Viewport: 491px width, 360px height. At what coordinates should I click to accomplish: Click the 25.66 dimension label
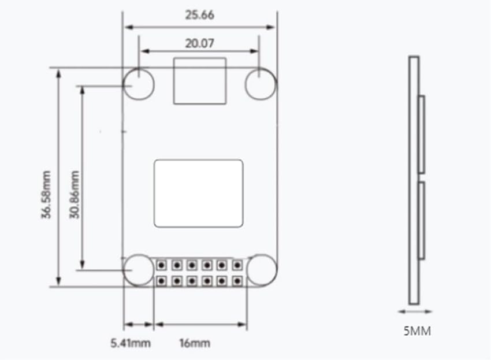point(199,15)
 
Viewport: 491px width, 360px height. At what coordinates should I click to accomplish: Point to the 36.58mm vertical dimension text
point(46,194)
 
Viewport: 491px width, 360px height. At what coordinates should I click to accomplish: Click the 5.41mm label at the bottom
point(131,343)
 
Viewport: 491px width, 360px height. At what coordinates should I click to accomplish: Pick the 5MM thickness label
point(417,331)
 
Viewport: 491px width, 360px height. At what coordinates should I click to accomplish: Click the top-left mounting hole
point(139,84)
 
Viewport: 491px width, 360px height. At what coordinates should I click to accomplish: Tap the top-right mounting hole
point(261,84)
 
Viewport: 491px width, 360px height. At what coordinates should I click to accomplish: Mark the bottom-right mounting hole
point(262,269)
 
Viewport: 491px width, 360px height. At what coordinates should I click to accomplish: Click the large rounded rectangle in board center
point(199,193)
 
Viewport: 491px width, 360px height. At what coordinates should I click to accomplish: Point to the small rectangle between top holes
point(199,81)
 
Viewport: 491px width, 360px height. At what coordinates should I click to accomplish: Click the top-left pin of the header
point(162,265)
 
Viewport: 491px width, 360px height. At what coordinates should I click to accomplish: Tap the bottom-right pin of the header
point(236,281)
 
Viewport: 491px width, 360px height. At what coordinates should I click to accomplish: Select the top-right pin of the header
point(236,265)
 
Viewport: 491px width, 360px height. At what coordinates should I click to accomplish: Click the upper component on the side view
point(422,135)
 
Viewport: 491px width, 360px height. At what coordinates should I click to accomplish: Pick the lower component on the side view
point(422,221)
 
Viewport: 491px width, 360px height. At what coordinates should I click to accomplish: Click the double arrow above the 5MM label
point(414,311)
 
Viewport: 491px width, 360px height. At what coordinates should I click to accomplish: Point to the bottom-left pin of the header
point(162,281)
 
